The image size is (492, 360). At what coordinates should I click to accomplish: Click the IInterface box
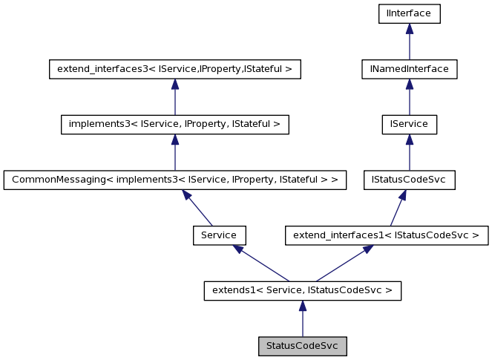click(409, 13)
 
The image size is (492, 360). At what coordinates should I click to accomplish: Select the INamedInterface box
click(409, 69)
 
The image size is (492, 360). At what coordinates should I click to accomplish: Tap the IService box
click(409, 124)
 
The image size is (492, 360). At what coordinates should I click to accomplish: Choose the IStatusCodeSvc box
click(409, 180)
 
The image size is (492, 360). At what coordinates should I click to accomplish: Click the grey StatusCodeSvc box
click(302, 346)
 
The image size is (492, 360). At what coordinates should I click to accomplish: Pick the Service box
click(219, 235)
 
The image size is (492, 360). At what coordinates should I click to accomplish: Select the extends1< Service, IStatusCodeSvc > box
click(302, 290)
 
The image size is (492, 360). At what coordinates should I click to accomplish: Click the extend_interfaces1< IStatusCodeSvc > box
click(387, 235)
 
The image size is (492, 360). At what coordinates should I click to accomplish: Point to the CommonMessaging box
click(174, 180)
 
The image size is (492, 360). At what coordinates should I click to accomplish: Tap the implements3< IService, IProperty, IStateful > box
click(174, 124)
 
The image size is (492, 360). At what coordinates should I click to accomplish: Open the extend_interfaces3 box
click(174, 69)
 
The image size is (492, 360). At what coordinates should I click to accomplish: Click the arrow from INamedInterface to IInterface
click(409, 42)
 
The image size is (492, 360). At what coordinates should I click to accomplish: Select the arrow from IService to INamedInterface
click(409, 96)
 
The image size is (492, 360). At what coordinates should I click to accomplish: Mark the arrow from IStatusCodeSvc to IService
click(409, 152)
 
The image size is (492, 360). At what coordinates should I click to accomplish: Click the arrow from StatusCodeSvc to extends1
click(302, 318)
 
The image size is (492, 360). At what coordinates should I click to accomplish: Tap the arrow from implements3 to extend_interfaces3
click(174, 96)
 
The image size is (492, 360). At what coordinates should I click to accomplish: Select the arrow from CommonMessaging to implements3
click(174, 152)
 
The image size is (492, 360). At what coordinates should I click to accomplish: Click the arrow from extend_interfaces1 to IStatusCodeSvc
click(398, 208)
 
